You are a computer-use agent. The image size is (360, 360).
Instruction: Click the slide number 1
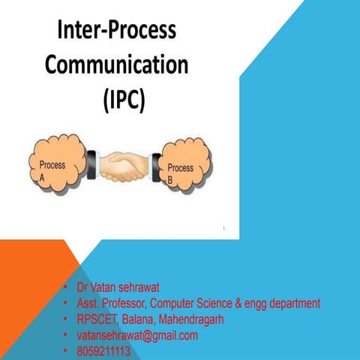pyautogui.click(x=223, y=228)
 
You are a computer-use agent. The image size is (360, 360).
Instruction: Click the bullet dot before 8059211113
pyautogui.click(x=66, y=351)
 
